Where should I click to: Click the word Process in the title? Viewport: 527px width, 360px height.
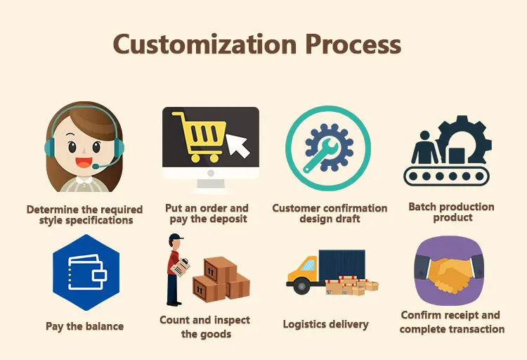point(353,44)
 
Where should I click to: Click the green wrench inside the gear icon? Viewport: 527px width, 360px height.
point(325,150)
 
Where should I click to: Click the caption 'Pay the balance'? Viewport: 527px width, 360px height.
point(84,326)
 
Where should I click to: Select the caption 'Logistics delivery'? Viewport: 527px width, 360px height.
point(325,324)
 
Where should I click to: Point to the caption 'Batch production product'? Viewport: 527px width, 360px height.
point(451,212)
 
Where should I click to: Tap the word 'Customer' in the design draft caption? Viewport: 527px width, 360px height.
point(301,209)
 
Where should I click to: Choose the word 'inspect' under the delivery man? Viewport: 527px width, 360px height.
point(233,321)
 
